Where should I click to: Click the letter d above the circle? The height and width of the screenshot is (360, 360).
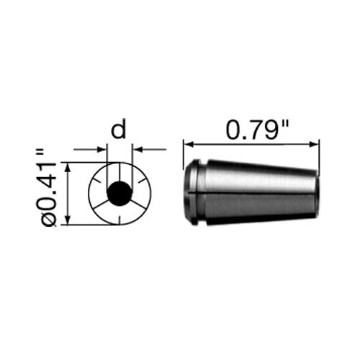(x=119, y=130)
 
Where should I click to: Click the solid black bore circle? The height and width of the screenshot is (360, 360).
(x=119, y=193)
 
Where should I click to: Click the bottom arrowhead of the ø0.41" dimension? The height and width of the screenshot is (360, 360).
(x=67, y=221)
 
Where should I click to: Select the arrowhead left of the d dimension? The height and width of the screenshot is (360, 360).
(x=102, y=150)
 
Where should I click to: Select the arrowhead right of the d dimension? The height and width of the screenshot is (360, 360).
(x=136, y=150)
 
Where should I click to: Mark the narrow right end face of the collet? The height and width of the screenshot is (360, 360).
(x=318, y=192)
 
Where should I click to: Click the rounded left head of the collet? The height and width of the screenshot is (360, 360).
(x=190, y=192)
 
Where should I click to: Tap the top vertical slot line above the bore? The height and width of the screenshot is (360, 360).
(x=119, y=171)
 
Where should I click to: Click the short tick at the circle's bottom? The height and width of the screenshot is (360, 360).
(x=119, y=220)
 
